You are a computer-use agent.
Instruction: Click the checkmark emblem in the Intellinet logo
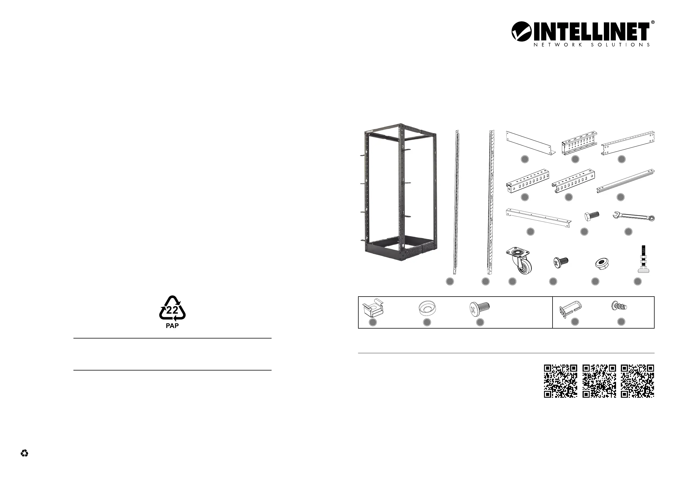[x=521, y=31]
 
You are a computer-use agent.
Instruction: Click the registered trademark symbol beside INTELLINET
[x=653, y=22]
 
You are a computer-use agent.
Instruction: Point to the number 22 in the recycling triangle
[x=172, y=310]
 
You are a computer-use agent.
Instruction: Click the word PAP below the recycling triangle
[x=172, y=326]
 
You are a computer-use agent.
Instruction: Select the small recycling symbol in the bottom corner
[x=24, y=453]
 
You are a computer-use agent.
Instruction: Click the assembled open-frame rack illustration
[x=400, y=192]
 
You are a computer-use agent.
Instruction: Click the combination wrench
[x=634, y=217]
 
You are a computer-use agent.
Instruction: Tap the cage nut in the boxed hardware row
[x=373, y=308]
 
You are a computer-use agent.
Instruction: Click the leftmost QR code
[x=560, y=381]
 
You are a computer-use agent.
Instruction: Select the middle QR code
[x=599, y=381]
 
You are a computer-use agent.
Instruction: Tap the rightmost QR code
[x=637, y=381]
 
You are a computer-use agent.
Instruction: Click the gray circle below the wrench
[x=628, y=232]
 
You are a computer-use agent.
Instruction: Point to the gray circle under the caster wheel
[x=513, y=281]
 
